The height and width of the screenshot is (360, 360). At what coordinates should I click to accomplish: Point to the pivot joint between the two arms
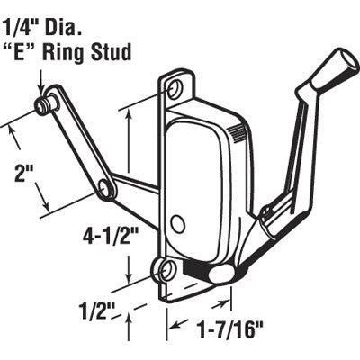click(x=107, y=187)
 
